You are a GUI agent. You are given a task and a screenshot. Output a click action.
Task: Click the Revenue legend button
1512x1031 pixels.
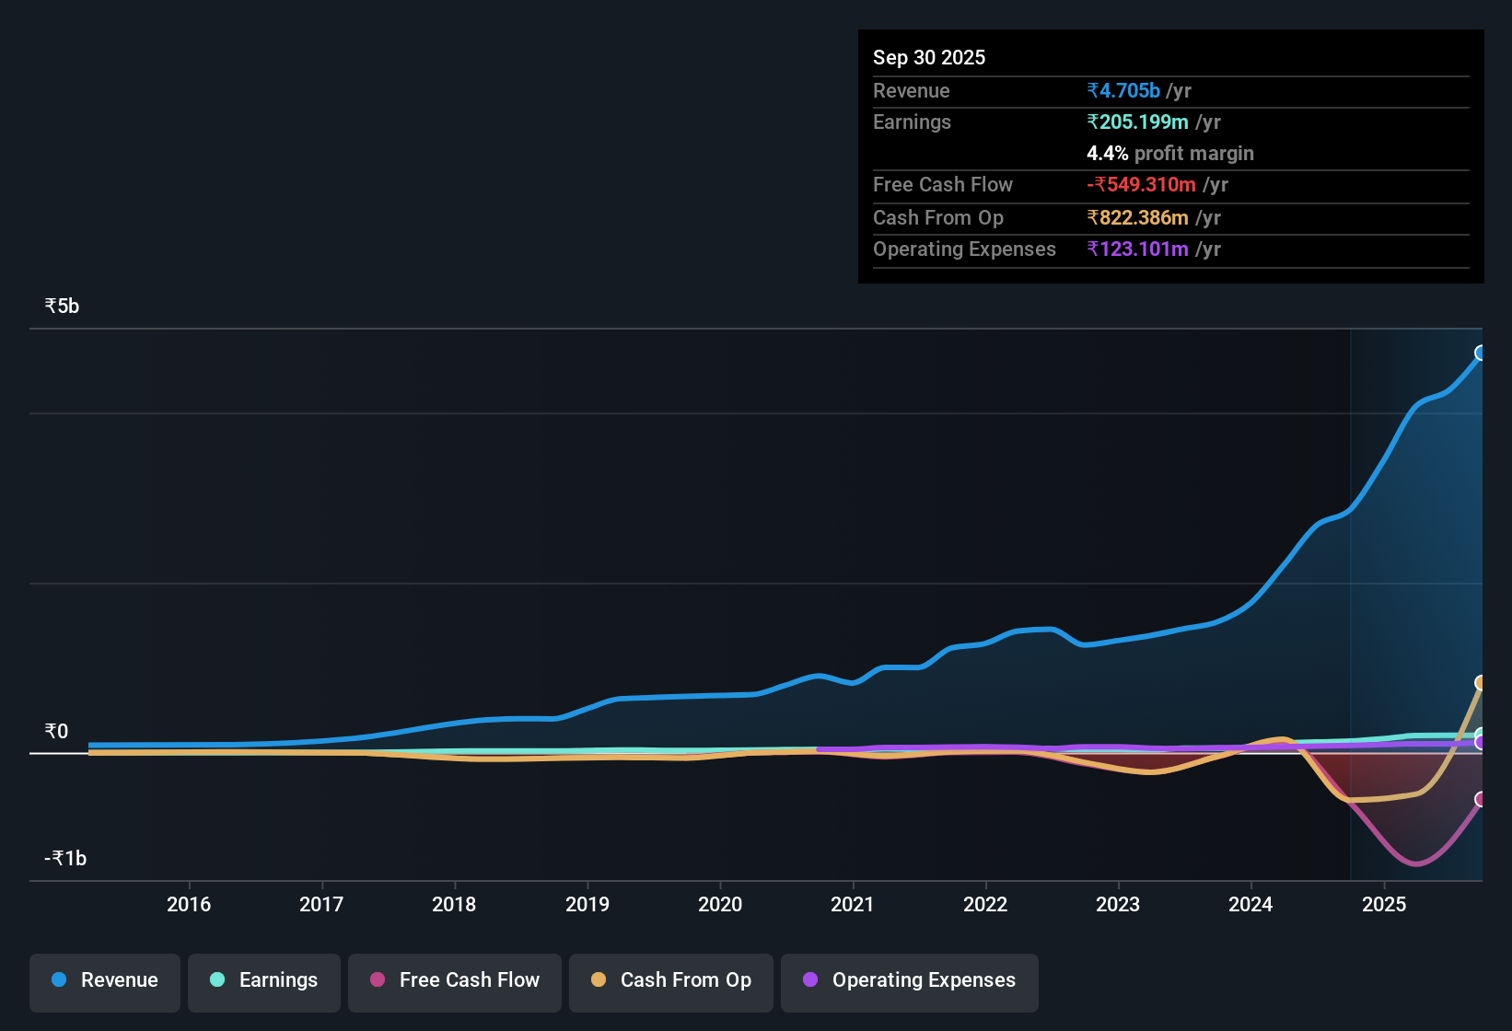coord(105,981)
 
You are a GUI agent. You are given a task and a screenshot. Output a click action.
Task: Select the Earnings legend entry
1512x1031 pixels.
coord(264,981)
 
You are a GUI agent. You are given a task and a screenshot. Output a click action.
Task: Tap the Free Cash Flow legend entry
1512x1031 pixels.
coord(455,981)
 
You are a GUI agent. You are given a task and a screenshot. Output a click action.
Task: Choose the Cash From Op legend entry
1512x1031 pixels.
coord(671,981)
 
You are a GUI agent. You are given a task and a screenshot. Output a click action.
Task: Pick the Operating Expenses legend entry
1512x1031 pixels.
coord(910,981)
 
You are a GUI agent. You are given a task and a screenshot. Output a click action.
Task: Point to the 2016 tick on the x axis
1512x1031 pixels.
coord(189,905)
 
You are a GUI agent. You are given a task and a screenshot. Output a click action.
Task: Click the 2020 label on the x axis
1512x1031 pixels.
coord(720,905)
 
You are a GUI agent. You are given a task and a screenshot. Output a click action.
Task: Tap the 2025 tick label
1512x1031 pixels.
coord(1384,905)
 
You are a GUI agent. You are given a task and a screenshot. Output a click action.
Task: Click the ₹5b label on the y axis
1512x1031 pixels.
coord(62,307)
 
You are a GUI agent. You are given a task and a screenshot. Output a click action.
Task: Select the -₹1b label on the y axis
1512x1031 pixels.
coord(65,859)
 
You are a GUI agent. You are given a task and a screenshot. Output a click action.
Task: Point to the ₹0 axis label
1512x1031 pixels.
coord(56,732)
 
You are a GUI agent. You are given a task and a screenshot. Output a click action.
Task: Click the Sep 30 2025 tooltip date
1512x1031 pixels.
coord(929,58)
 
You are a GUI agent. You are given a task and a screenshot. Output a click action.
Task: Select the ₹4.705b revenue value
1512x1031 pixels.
coord(1123,91)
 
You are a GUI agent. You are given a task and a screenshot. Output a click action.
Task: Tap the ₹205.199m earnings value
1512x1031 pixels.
coord(1137,122)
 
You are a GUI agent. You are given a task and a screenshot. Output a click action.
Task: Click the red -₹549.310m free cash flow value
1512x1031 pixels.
coord(1141,185)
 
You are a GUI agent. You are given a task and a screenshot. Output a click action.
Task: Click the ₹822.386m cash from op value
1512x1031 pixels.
coord(1137,218)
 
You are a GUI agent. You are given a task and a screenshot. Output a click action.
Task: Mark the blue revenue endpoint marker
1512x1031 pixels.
coord(1481,353)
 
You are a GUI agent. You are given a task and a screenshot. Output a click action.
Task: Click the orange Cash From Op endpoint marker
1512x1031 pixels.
coord(1481,683)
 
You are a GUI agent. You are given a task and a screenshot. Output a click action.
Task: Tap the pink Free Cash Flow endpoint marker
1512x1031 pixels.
coord(1481,799)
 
